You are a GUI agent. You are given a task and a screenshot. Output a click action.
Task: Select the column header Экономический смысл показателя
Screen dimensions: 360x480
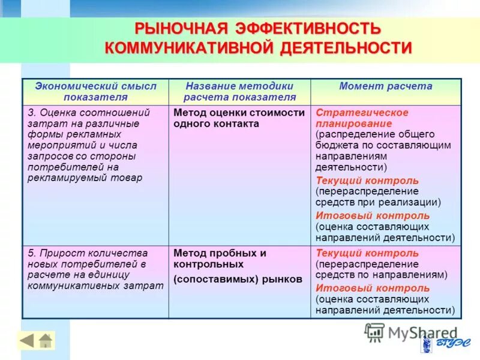(x=95, y=91)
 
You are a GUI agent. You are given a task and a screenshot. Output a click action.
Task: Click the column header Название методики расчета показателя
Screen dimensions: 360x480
(x=239, y=91)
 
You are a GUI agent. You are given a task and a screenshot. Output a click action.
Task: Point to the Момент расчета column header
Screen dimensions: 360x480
(x=385, y=86)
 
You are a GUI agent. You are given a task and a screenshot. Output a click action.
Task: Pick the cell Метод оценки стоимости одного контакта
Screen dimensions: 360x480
(x=239, y=118)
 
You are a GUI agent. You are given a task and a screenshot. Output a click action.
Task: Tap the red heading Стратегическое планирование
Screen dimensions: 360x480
(x=362, y=118)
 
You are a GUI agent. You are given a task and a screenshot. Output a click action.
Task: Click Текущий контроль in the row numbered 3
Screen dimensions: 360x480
(x=367, y=181)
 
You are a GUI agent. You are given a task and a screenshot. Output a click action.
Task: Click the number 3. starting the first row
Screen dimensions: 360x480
(x=32, y=113)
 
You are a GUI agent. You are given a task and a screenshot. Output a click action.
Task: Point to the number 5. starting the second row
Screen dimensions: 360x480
(x=32, y=253)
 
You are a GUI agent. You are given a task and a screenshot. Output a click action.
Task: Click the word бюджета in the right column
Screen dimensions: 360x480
(x=334, y=145)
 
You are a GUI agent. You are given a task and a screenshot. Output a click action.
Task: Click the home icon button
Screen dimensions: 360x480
(x=46, y=341)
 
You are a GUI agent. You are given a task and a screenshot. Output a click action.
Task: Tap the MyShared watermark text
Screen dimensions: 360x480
(x=422, y=333)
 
